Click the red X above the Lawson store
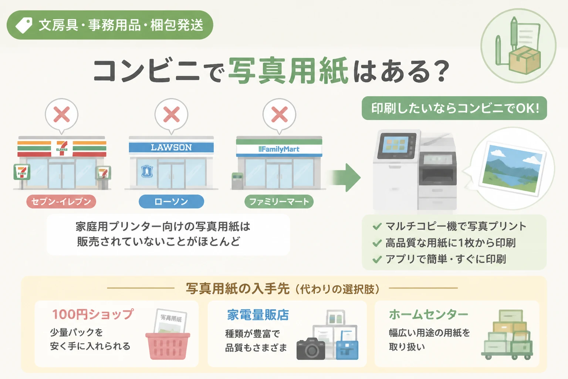click(172, 114)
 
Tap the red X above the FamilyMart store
click(279, 114)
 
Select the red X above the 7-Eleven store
click(62, 114)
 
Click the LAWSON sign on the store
click(171, 147)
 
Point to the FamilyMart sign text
click(279, 149)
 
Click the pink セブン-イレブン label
click(61, 202)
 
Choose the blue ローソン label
click(171, 202)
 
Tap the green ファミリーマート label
click(279, 202)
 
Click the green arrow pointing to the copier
click(345, 177)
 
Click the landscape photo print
click(512, 168)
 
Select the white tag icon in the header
click(24, 25)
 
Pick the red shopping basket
click(168, 346)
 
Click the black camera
click(311, 349)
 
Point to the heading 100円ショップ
click(93, 314)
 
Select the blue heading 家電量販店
click(258, 315)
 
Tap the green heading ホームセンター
click(429, 315)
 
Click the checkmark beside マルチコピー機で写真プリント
click(377, 226)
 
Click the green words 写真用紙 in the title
click(288, 71)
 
